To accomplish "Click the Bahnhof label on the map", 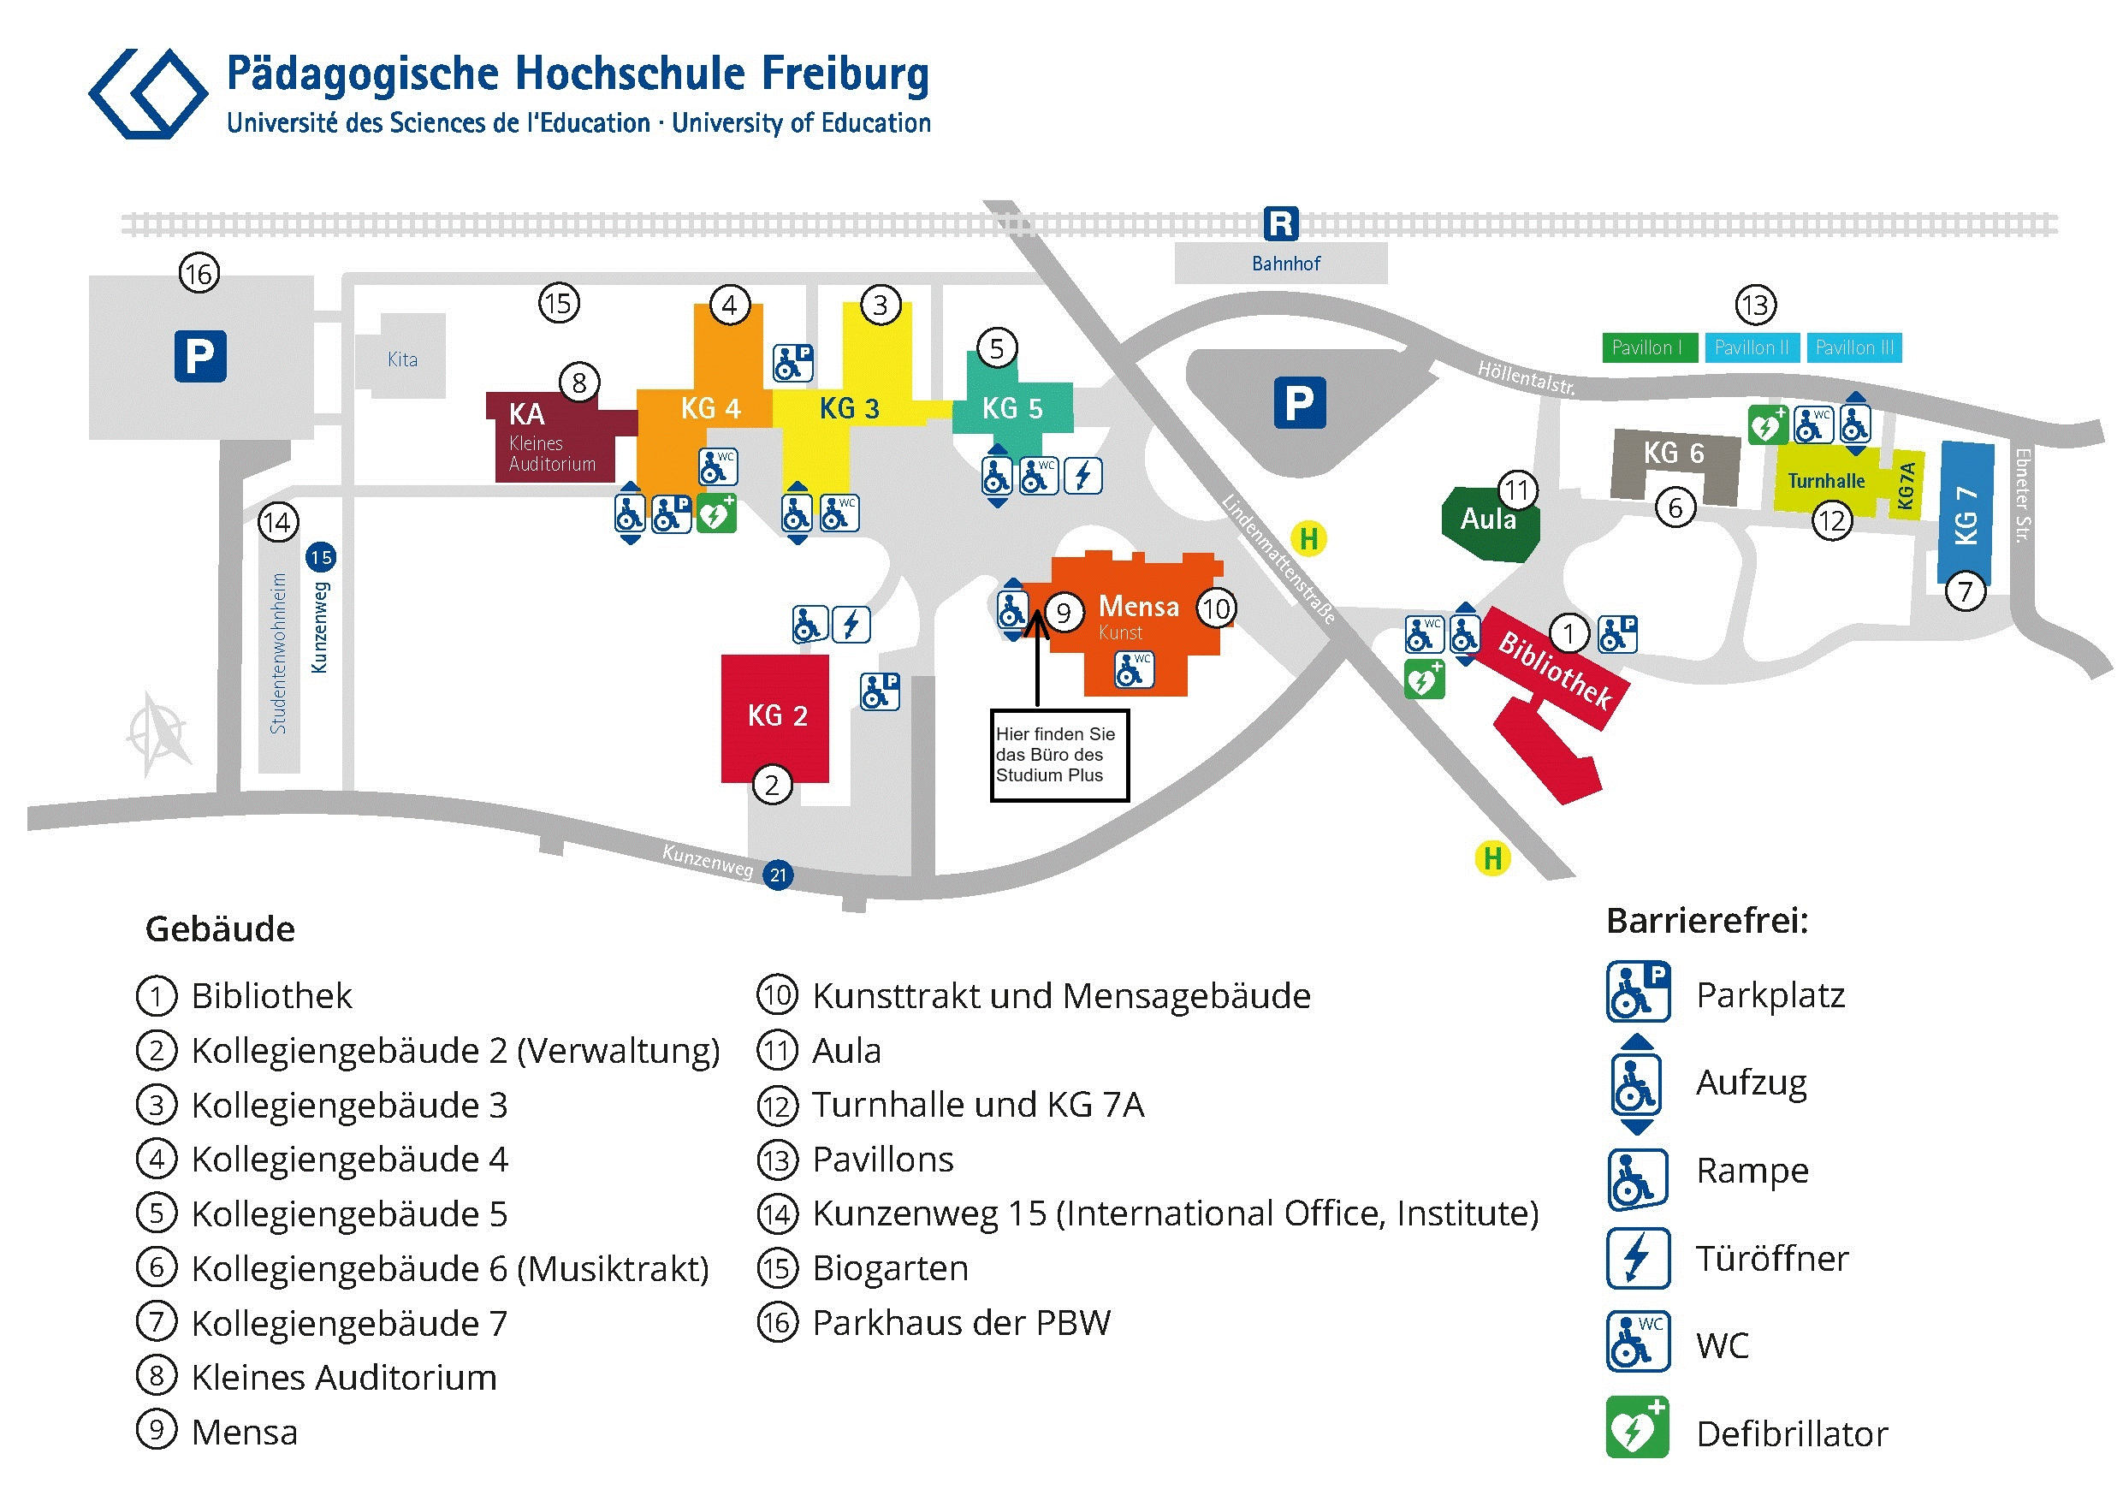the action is pos(1285,264).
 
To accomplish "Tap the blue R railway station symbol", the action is pos(1281,222).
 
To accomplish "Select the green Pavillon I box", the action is pos(1648,347).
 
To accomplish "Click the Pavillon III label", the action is pos(1854,347).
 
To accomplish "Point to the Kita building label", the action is pos(402,359).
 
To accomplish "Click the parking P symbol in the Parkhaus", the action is pos(199,356).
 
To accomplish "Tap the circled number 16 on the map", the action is pos(199,274).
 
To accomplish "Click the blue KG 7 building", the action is pos(1965,513).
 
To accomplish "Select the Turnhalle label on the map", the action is pos(1825,481).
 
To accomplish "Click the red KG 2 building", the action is pos(775,719).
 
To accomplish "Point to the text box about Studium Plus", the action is pos(1059,755).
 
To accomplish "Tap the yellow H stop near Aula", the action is pos(1308,538).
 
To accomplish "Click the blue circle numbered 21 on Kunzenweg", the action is pos(779,875).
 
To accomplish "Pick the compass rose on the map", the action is pos(159,733).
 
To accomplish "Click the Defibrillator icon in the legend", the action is pos(1638,1428).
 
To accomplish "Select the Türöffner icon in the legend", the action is pos(1638,1258).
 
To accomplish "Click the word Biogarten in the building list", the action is pos(891,1269).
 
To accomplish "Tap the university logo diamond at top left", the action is pos(148,93).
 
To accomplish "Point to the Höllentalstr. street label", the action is pos(1526,377).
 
